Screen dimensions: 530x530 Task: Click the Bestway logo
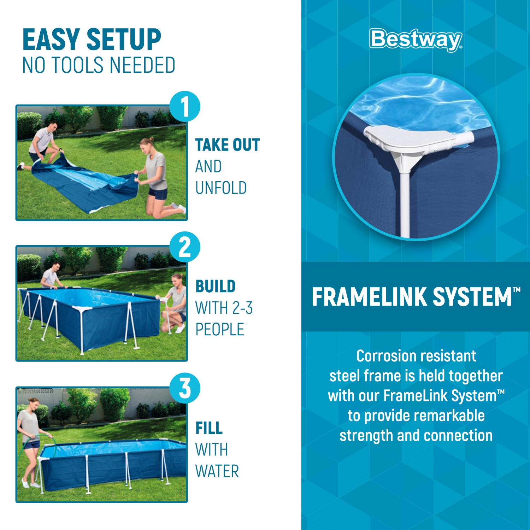tap(416, 40)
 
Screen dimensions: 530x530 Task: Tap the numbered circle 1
tap(185, 106)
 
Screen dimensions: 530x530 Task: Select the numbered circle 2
tap(185, 247)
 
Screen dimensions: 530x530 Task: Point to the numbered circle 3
tap(185, 388)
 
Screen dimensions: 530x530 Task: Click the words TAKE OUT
tap(228, 145)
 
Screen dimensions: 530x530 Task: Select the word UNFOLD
tap(221, 188)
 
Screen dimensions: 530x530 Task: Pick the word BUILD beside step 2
tap(216, 287)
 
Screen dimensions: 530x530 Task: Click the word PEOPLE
tap(220, 330)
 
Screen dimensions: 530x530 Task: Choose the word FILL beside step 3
tap(209, 428)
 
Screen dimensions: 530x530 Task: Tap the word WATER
tap(217, 471)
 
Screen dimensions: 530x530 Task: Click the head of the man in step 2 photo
tap(55, 266)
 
